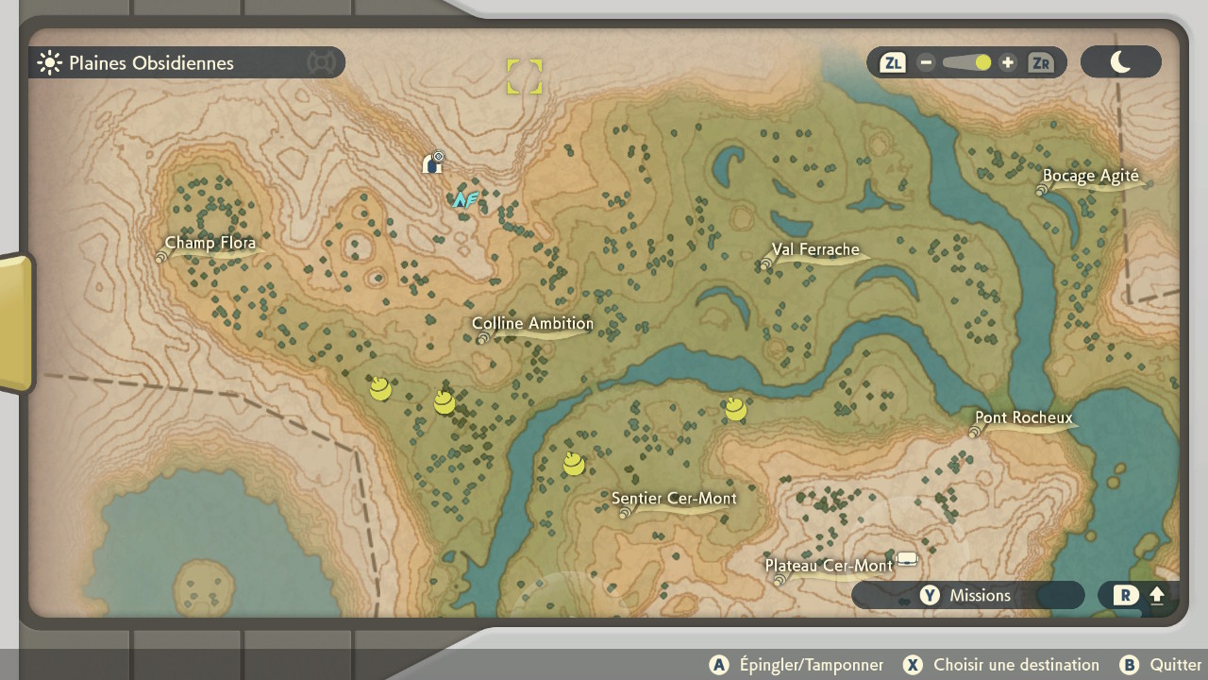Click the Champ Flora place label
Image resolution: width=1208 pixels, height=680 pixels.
[x=210, y=243]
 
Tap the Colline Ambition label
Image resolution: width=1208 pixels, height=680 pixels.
[x=532, y=324]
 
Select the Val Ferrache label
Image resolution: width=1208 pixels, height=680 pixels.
[x=815, y=250]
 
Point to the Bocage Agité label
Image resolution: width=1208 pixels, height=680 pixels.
[x=1090, y=176]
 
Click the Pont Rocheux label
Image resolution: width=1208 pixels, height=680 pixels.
[x=1023, y=417]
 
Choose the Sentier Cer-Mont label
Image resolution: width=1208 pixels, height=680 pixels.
[x=674, y=499]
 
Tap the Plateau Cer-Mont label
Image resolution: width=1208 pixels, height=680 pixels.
[x=828, y=566]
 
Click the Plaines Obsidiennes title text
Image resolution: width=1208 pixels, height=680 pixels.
[x=151, y=63]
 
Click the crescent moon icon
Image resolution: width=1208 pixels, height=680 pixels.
[x=1120, y=62]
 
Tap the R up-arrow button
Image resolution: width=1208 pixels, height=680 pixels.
[x=1140, y=595]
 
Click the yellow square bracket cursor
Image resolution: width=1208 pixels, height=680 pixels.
[x=524, y=76]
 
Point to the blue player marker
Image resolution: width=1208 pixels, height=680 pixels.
[x=463, y=199]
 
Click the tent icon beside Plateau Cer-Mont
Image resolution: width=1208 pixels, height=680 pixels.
[x=907, y=558]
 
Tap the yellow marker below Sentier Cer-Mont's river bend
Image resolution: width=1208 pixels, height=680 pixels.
[x=574, y=464]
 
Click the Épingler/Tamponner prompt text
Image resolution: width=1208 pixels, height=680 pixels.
[x=811, y=665]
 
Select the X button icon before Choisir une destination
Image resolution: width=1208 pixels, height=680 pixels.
[x=913, y=665]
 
